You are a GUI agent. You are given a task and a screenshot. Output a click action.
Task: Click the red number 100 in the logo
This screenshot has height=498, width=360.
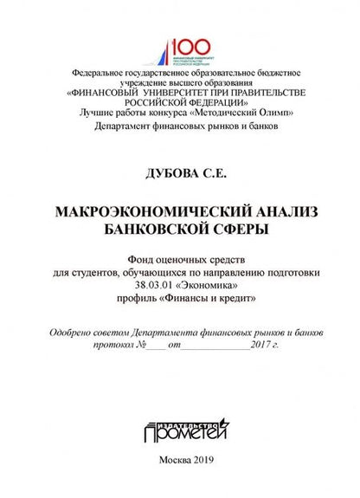point(188,46)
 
